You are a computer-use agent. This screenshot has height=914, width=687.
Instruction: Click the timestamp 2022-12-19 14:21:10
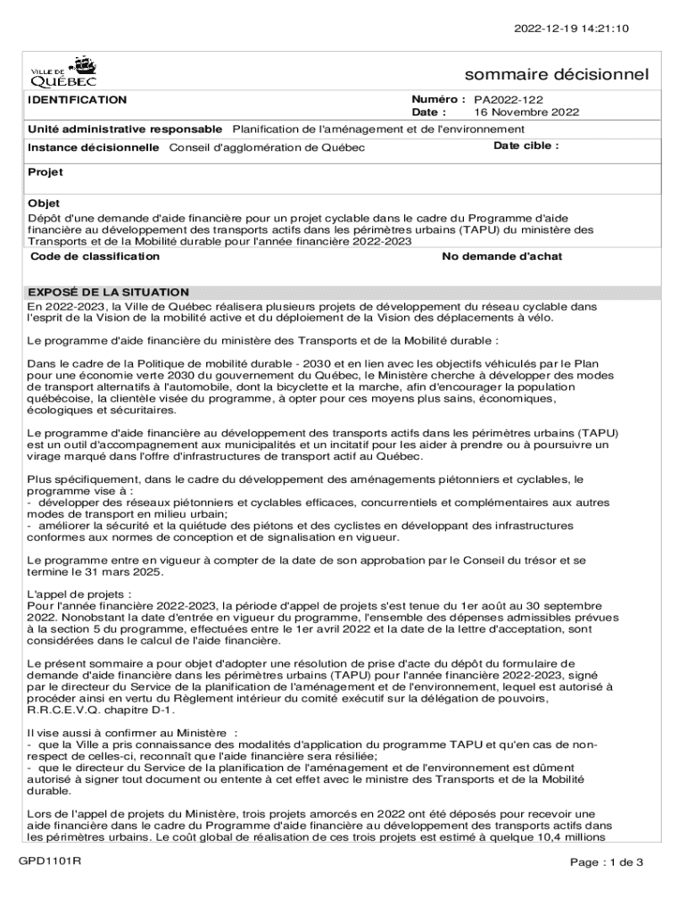coord(571,29)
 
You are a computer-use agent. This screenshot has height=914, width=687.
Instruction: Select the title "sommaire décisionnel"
coord(557,74)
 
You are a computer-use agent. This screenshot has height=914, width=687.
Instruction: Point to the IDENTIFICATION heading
coord(78,100)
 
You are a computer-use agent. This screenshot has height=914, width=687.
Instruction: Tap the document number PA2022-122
coord(509,100)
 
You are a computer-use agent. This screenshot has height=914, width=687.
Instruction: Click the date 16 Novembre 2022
coord(526,112)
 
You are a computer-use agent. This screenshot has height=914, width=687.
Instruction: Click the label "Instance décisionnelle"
coord(94,146)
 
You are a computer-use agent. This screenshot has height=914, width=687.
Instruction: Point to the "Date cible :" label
coord(526,145)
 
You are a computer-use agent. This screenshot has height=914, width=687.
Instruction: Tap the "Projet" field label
coord(45,171)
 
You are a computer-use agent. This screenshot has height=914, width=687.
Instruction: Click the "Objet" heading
coord(44,204)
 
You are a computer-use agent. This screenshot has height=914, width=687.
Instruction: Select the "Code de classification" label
coord(95,256)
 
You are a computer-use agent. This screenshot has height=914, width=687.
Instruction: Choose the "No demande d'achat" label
coord(502,256)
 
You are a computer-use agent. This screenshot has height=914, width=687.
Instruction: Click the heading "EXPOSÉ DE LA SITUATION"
coord(108,292)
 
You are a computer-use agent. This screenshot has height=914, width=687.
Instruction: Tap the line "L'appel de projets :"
coord(79,593)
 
